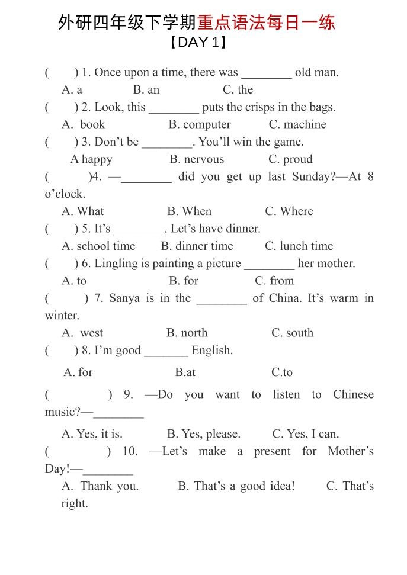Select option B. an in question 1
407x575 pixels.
pyautogui.click(x=146, y=90)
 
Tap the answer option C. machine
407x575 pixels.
pyautogui.click(x=297, y=124)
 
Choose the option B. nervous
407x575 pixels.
pyautogui.click(x=197, y=159)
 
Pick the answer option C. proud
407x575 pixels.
pyautogui.click(x=290, y=159)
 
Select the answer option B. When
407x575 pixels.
pyautogui.click(x=189, y=211)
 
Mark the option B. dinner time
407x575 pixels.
pyautogui.click(x=197, y=246)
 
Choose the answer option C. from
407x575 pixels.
pyautogui.click(x=274, y=281)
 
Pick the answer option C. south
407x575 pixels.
pyautogui.click(x=292, y=333)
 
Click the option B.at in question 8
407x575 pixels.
pyautogui.click(x=185, y=372)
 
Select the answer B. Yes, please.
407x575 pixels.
pyautogui.click(x=204, y=434)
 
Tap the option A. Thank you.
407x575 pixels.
pyautogui.click(x=100, y=486)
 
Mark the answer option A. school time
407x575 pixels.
pyautogui.click(x=98, y=246)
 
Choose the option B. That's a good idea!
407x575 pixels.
pyautogui.click(x=236, y=486)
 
